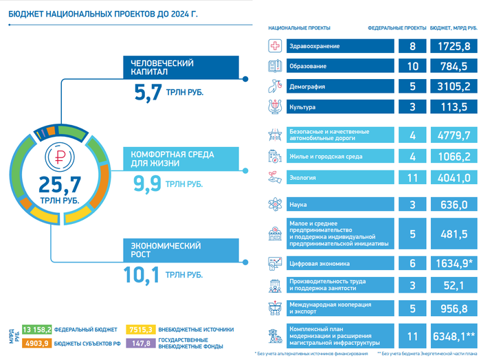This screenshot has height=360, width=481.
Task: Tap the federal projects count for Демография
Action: click(412, 87)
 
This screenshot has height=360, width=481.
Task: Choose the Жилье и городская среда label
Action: click(326, 157)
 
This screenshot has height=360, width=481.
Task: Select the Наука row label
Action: click(298, 205)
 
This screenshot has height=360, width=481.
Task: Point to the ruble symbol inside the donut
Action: click(59, 157)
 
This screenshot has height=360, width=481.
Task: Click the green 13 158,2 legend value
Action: click(37, 329)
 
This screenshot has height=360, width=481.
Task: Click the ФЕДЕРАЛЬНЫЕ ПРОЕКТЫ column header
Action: click(397, 29)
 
